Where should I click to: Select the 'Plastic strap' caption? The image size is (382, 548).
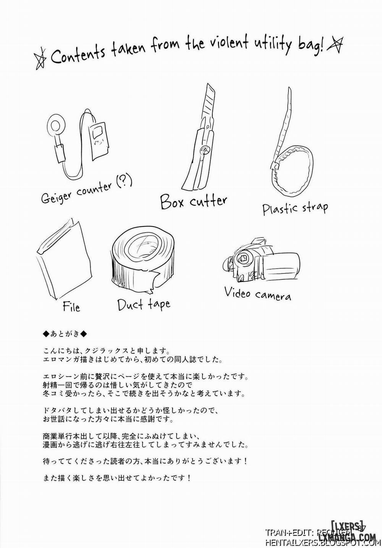pyautogui.click(x=295, y=208)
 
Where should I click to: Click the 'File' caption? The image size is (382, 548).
pyautogui.click(x=71, y=307)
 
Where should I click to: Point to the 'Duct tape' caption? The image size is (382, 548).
pyautogui.click(x=144, y=304)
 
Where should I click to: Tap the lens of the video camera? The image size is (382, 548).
pyautogui.click(x=241, y=258)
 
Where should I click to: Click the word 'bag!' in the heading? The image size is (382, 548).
pyautogui.click(x=310, y=47)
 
